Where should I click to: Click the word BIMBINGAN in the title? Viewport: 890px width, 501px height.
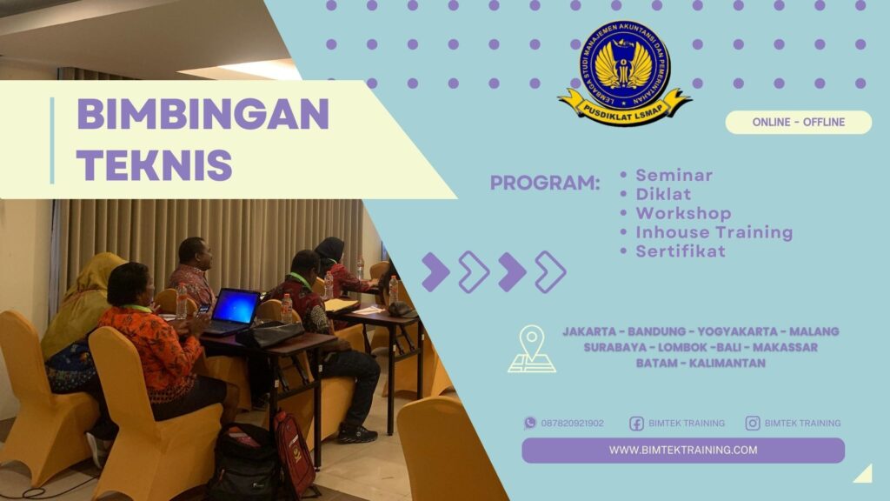pos(203,114)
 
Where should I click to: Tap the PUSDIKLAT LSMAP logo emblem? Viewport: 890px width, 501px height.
pos(624,74)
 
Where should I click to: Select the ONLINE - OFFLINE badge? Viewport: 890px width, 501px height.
pos(798,123)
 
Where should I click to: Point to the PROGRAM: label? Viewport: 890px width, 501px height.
pos(545,184)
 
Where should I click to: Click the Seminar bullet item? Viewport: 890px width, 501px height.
pos(674,175)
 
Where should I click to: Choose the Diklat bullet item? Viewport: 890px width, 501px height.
pos(662,194)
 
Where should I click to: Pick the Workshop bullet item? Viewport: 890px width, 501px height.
pos(683,213)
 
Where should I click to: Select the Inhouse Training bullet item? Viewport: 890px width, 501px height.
pos(714,232)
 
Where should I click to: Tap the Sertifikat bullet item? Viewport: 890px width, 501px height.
pos(680,251)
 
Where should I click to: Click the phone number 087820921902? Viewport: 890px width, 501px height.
pos(572,424)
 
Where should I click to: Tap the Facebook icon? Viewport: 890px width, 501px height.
pos(636,424)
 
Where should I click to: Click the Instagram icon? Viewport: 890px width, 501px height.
pos(753,424)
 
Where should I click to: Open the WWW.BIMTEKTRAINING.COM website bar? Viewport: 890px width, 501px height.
pos(682,451)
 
